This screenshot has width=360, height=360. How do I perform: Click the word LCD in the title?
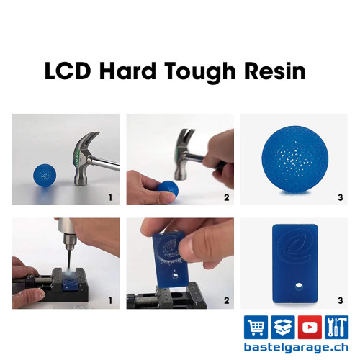click(x=68, y=71)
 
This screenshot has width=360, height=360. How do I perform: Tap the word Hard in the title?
click(x=127, y=71)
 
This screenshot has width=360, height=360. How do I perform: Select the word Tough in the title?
click(x=200, y=73)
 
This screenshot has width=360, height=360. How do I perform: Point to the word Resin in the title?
click(x=274, y=71)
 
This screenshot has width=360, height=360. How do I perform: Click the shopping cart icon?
click(x=256, y=327)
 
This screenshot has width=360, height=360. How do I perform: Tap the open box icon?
click(x=283, y=327)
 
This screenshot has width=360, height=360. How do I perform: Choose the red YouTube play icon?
click(x=310, y=327)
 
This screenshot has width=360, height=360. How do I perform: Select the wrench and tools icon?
click(x=336, y=327)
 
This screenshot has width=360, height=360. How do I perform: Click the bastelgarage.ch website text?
click(x=296, y=348)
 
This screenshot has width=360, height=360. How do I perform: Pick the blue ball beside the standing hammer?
click(x=45, y=175)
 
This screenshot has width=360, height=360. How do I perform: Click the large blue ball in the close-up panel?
click(x=295, y=159)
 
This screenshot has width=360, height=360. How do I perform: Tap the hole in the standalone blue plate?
click(x=299, y=286)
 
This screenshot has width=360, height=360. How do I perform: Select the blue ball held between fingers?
click(x=168, y=189)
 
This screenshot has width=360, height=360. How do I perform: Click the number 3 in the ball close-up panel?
click(x=341, y=197)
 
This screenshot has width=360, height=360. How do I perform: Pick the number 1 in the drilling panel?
click(x=110, y=300)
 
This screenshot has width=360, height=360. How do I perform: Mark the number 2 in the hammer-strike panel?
click(x=227, y=197)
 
